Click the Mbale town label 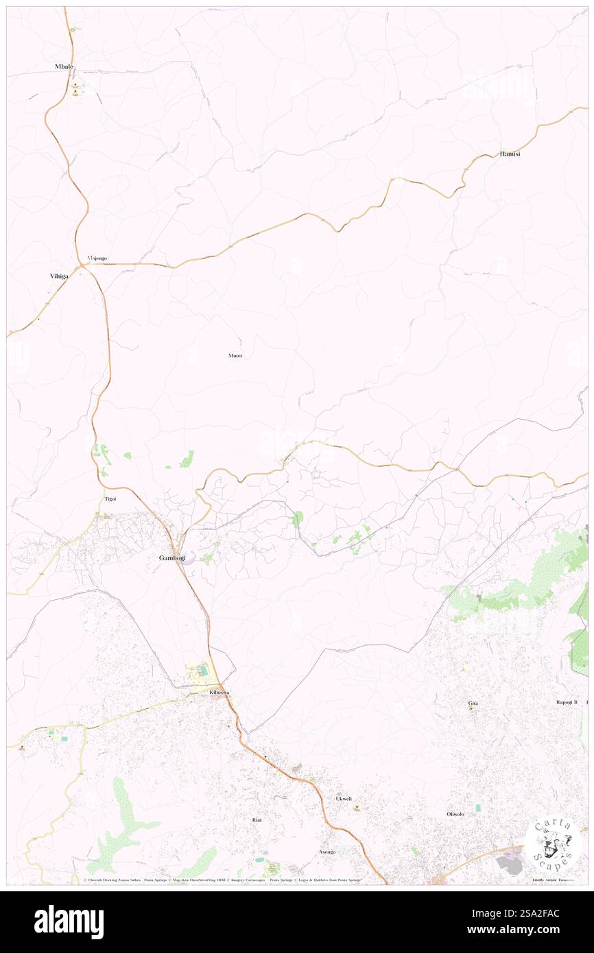(x=64, y=67)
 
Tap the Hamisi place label (x=510, y=154)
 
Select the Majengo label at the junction (x=97, y=258)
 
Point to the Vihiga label (x=59, y=276)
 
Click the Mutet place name (x=235, y=356)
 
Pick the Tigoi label (x=110, y=498)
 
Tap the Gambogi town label (x=172, y=558)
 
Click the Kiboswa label (x=219, y=693)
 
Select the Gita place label (x=473, y=703)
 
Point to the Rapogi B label (x=567, y=702)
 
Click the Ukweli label (x=344, y=799)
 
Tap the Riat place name (x=257, y=820)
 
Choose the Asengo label (x=327, y=852)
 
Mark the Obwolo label (x=455, y=814)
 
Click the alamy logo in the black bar (x=69, y=922)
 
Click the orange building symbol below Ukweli (x=357, y=808)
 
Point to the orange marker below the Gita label (x=472, y=709)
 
